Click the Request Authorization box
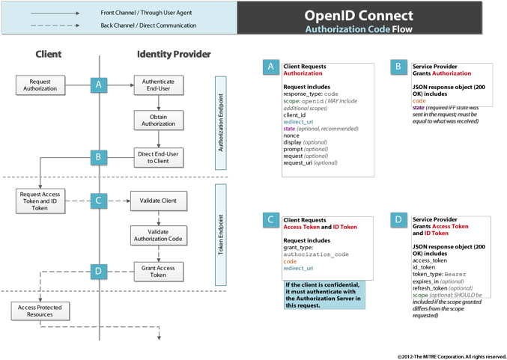(40, 85)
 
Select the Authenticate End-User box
(158, 85)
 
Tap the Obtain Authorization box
(158, 120)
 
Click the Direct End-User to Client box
(158, 157)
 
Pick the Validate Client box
(158, 201)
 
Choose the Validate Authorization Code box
(158, 235)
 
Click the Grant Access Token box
(158, 271)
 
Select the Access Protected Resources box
(40, 311)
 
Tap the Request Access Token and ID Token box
(40, 201)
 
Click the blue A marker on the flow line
(98, 85)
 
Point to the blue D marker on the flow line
(98, 271)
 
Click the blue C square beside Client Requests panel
(271, 220)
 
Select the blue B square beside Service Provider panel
(399, 67)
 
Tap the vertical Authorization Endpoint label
(221, 123)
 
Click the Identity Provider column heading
(174, 54)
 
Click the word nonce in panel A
(291, 135)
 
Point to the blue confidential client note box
(324, 295)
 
